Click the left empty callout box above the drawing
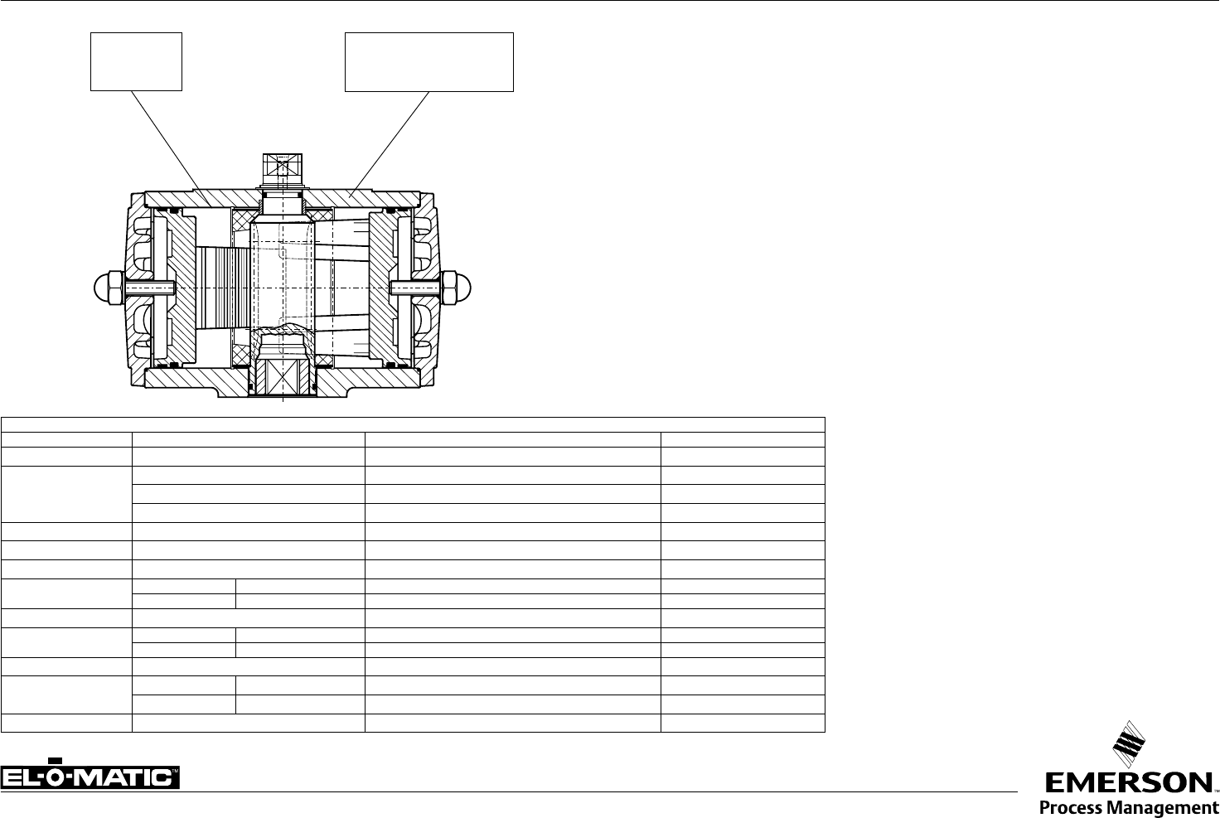pos(136,33)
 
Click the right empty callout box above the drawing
pos(429,33)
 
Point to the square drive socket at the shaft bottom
pos(283,376)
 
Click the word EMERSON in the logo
pos(1127,784)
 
